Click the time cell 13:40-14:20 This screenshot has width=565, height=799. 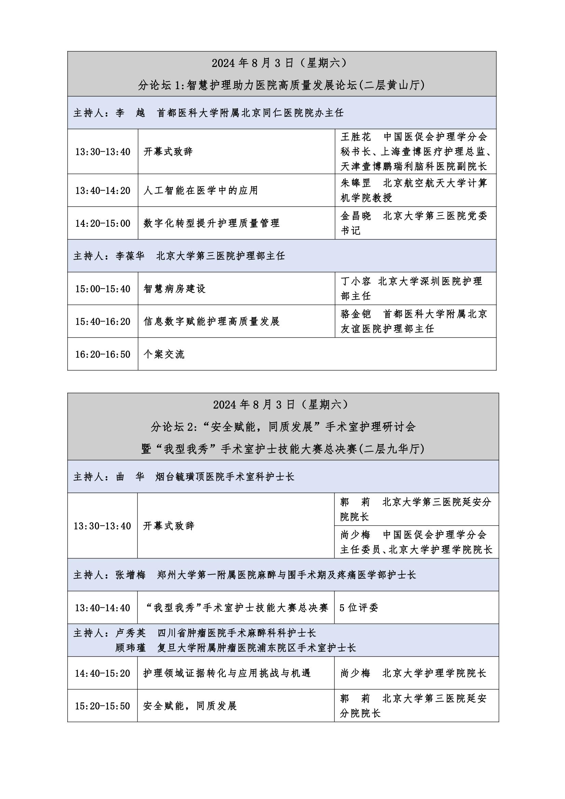click(102, 191)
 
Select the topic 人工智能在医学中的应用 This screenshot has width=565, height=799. click(201, 191)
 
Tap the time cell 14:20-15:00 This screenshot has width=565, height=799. click(102, 223)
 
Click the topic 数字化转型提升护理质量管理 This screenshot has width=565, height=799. click(211, 223)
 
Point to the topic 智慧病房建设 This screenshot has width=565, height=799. click(174, 289)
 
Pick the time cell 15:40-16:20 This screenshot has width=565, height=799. click(102, 321)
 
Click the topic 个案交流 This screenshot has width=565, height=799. click(164, 354)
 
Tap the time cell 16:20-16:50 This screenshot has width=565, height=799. click(102, 354)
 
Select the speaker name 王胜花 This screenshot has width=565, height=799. click(356, 137)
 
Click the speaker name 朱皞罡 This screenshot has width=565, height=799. click(356, 183)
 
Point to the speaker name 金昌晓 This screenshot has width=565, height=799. click(356, 216)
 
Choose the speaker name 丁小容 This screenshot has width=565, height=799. click(356, 281)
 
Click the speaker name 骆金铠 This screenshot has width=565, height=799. click(356, 314)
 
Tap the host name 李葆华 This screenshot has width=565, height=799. click(130, 256)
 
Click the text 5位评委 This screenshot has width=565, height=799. click(359, 608)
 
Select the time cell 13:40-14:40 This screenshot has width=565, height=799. click(102, 608)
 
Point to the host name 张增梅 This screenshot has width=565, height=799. click(130, 575)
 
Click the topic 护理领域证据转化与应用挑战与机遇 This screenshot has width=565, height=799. click(227, 673)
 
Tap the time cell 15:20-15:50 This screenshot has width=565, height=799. click(102, 706)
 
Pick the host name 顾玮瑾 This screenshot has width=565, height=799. click(130, 648)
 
